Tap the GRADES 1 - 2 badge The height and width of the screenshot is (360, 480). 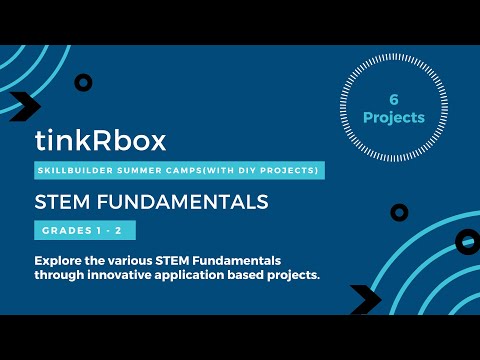click(x=82, y=232)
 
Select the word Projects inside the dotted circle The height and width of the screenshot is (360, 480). click(x=394, y=117)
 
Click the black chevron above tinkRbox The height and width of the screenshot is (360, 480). click(x=23, y=106)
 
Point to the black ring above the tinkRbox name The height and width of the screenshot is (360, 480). click(x=83, y=83)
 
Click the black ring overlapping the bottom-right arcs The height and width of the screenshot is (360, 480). click(x=399, y=212)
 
